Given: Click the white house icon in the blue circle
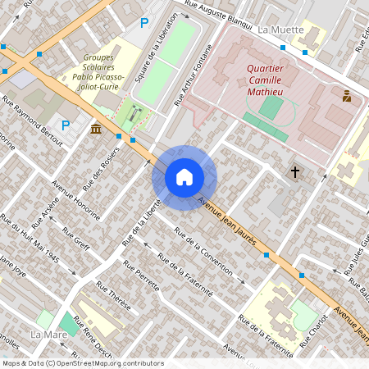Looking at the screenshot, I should pyautogui.click(x=184, y=176).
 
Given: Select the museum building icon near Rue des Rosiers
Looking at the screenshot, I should pyautogui.click(x=97, y=129).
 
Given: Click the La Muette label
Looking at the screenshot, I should pyautogui.click(x=280, y=30).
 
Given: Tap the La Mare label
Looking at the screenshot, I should pyautogui.click(x=48, y=335).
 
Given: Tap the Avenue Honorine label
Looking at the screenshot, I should pyautogui.click(x=75, y=200).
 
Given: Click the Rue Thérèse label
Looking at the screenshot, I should pyautogui.click(x=113, y=296).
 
